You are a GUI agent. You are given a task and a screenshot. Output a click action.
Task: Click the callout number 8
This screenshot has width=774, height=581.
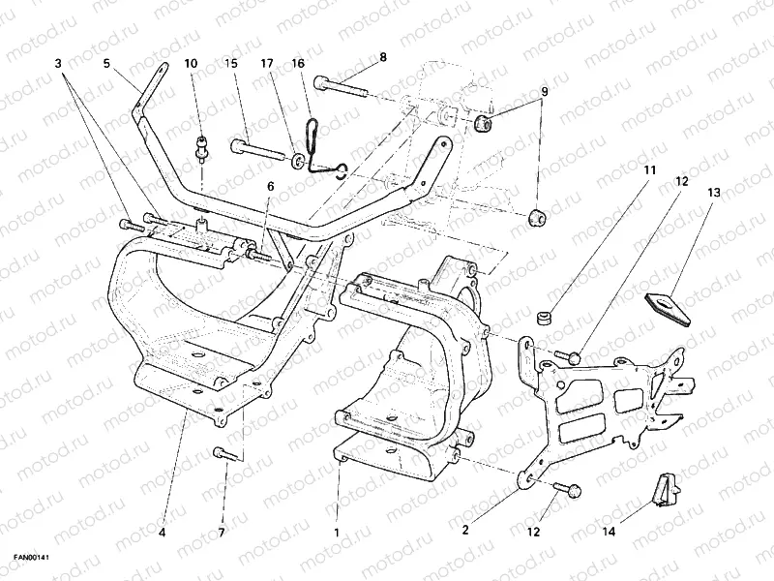[x=382, y=57]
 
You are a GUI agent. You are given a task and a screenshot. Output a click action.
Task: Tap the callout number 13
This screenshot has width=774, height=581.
[x=713, y=194]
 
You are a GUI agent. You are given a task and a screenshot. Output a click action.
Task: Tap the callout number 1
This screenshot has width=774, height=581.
[x=336, y=532]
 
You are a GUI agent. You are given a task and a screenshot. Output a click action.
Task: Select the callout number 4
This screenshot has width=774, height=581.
[x=162, y=532]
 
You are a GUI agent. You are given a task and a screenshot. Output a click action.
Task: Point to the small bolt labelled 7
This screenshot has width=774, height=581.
[x=223, y=452]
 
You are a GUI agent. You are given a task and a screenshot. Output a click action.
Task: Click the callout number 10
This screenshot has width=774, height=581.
[x=191, y=63]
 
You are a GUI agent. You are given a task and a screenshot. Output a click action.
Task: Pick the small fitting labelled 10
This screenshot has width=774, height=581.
[x=202, y=148]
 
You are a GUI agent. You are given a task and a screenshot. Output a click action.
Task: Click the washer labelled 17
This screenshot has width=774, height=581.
[x=298, y=158]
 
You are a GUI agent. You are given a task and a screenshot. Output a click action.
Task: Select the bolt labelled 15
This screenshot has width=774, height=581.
[x=256, y=151]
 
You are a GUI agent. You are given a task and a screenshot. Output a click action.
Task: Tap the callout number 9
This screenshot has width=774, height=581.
[x=544, y=92]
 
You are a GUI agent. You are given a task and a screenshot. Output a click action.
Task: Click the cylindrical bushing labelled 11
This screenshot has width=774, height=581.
[x=547, y=319]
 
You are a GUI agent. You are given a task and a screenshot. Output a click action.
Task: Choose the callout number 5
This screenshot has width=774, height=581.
[x=106, y=63]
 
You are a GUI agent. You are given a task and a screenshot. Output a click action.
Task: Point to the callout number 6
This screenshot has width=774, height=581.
[x=270, y=187]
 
